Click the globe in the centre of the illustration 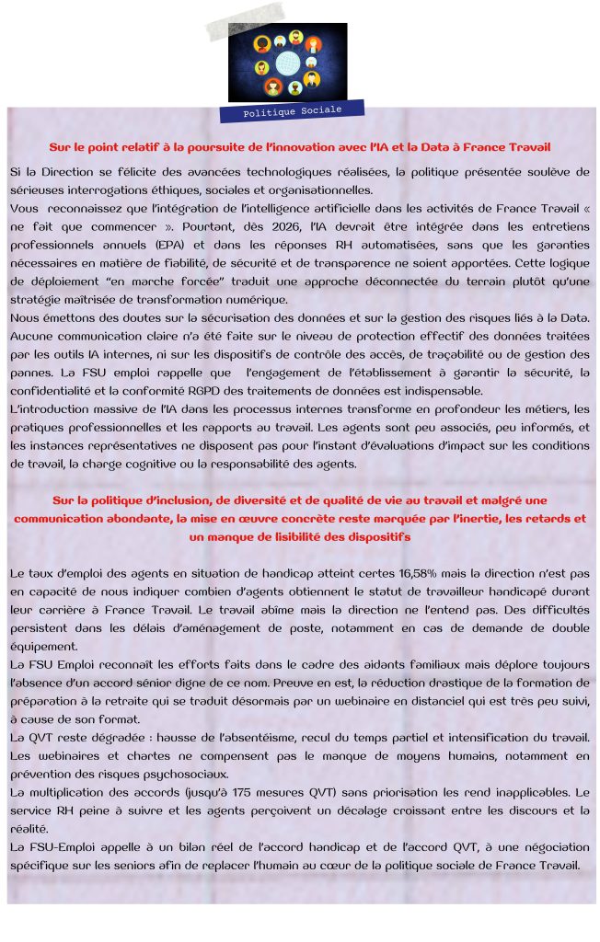[287, 63]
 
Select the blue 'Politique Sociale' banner [292, 110]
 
